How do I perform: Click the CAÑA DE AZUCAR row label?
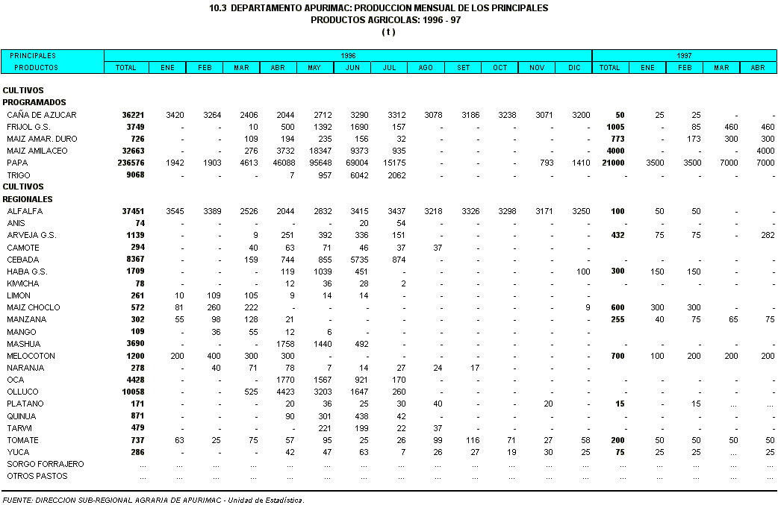[41, 115]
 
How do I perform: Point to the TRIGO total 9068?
[133, 175]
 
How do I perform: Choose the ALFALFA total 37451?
[131, 211]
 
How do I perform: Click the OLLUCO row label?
[22, 392]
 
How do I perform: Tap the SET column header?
[463, 68]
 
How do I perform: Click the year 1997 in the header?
[684, 56]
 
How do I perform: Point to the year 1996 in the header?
[348, 56]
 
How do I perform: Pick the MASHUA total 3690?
[133, 344]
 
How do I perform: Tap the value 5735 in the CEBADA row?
[352, 260]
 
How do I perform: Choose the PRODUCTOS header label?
[36, 68]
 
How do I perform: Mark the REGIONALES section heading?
[27, 199]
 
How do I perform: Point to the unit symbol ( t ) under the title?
[388, 32]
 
